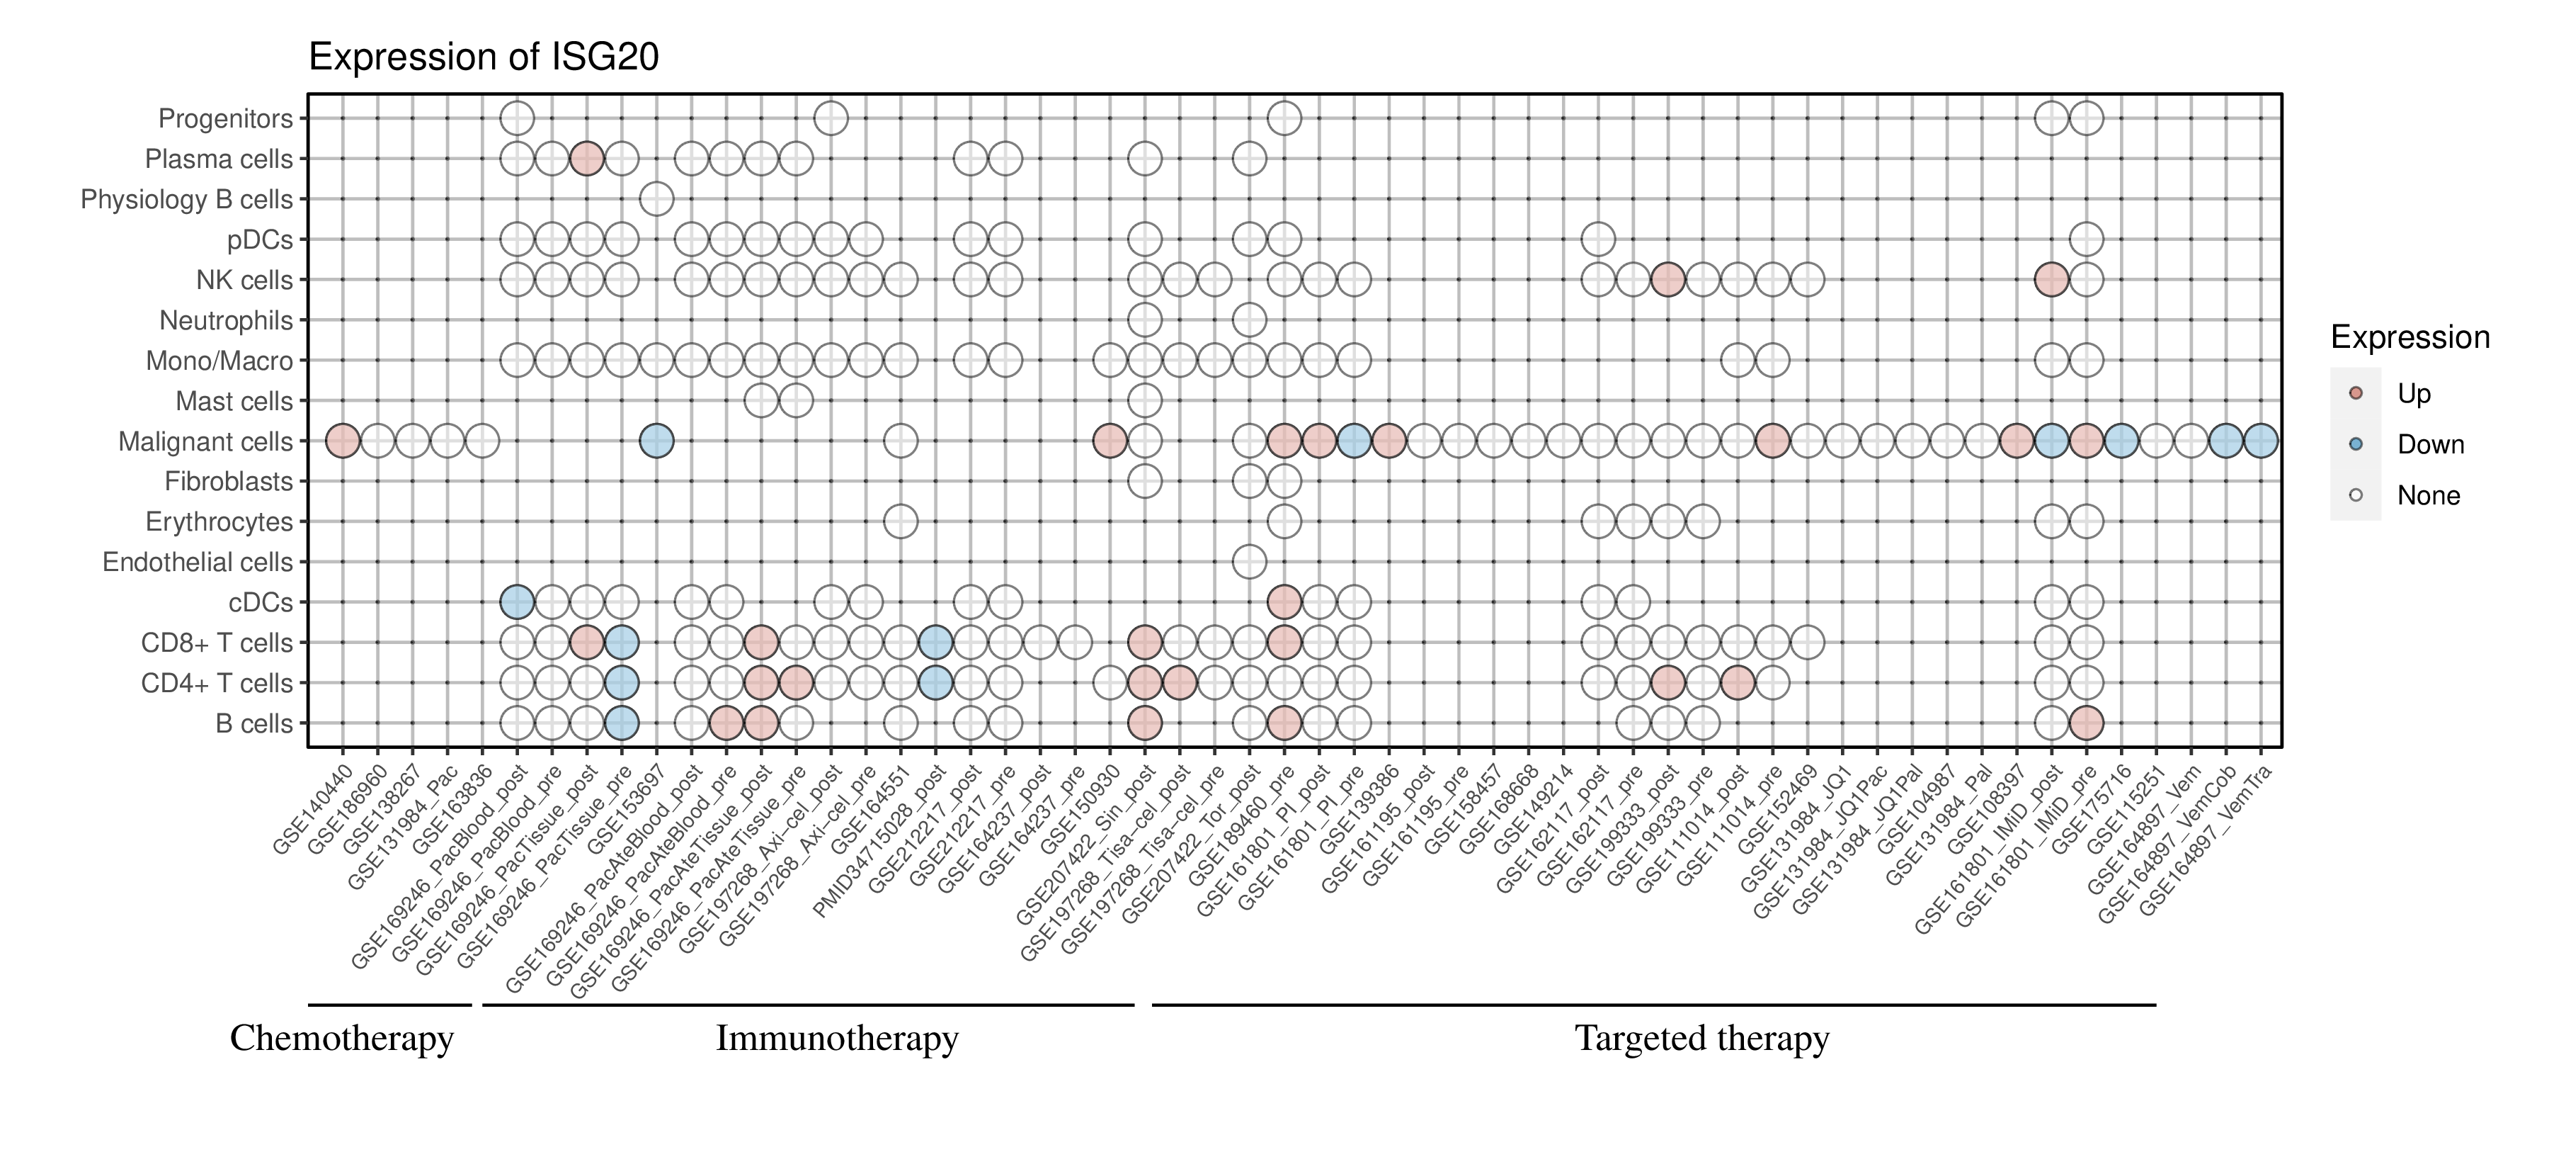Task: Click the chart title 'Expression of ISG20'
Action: coord(484,57)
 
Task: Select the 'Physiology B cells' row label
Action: coord(187,200)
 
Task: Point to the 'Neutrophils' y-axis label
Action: coord(227,321)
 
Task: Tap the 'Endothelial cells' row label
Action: coord(198,563)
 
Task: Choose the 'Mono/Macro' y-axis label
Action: coord(219,361)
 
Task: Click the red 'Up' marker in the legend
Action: coord(2356,393)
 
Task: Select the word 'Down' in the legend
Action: coord(2430,444)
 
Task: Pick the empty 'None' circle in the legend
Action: coord(2356,495)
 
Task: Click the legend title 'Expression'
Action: coord(2410,337)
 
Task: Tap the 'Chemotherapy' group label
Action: coord(341,1039)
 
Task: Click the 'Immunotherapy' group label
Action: coord(837,1039)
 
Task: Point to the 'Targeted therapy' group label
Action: coord(1702,1039)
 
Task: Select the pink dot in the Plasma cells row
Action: coord(587,159)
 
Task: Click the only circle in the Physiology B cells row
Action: coord(657,199)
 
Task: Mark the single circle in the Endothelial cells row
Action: coord(1249,563)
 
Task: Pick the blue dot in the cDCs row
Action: coord(518,602)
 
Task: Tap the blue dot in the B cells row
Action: coord(622,723)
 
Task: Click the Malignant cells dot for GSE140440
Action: coord(343,441)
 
